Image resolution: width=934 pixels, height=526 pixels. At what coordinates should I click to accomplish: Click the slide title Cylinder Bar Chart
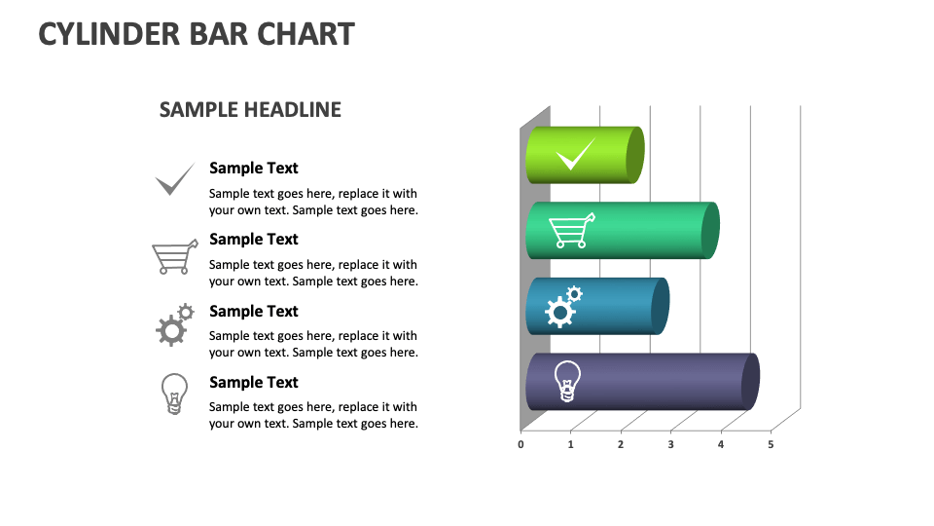pos(197,34)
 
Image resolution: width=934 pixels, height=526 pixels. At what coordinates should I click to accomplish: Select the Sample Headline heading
pos(250,109)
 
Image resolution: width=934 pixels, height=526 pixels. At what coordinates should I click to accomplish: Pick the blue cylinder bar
pos(623,306)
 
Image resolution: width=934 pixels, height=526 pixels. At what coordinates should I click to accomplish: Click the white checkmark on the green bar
pos(574,154)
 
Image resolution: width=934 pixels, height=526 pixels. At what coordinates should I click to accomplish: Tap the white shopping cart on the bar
pos(571,231)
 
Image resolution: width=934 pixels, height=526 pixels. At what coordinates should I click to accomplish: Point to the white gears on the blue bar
pos(563,306)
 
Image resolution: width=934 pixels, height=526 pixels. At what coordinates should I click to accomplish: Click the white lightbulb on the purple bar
pos(567,381)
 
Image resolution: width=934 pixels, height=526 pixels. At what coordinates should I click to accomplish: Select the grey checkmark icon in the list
pos(175,179)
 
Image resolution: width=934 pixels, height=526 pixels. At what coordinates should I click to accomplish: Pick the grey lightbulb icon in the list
pos(173,394)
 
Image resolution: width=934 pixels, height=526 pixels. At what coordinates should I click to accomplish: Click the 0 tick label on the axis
pos(521,445)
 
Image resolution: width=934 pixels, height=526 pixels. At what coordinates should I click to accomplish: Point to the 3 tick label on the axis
pos(670,445)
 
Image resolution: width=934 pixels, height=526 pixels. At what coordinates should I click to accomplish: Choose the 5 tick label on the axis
pos(771,445)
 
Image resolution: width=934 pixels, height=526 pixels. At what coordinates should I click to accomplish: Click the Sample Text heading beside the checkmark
pos(254,169)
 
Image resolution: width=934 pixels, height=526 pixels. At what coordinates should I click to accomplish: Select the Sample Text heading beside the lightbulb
pos(254,383)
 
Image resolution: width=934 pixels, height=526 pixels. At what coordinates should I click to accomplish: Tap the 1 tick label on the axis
pos(570,445)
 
